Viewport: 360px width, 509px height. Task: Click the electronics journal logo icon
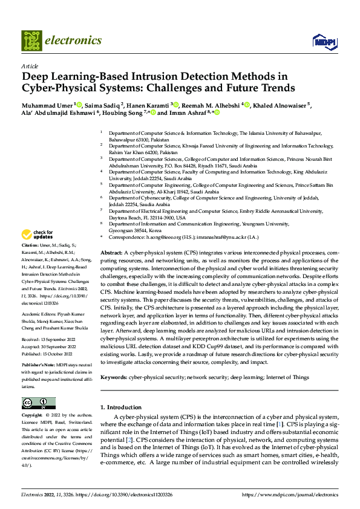coord(31,41)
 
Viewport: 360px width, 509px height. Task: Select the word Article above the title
coord(30,66)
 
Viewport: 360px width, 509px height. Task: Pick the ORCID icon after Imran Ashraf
coord(217,112)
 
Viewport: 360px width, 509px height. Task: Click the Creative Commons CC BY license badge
coord(39,403)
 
